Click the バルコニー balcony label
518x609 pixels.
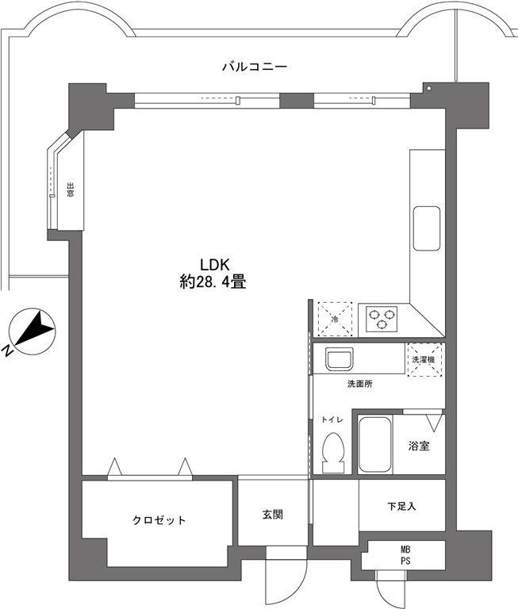pyautogui.click(x=255, y=67)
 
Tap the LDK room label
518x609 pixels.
pyautogui.click(x=215, y=265)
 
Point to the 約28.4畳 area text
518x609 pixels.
pyautogui.click(x=213, y=282)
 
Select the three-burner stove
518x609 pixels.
pyautogui.click(x=382, y=319)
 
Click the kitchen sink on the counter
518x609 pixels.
pyautogui.click(x=427, y=228)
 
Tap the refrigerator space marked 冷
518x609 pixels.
pyautogui.click(x=335, y=319)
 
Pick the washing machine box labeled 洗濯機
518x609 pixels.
pyautogui.click(x=424, y=360)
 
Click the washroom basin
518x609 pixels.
pyautogui.click(x=340, y=358)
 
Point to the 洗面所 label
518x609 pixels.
pyautogui.click(x=360, y=384)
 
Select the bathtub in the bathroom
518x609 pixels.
pyautogui.click(x=374, y=445)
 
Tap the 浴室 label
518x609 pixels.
pyautogui.click(x=419, y=446)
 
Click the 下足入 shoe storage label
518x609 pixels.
pyautogui.click(x=402, y=506)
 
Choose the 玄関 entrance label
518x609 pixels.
pyautogui.click(x=272, y=515)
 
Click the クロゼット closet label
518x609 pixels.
pyautogui.click(x=159, y=520)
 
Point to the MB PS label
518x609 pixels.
pyautogui.click(x=405, y=555)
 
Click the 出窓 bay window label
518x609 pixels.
pyautogui.click(x=71, y=190)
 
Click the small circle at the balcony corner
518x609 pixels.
pyautogui.click(x=428, y=89)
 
